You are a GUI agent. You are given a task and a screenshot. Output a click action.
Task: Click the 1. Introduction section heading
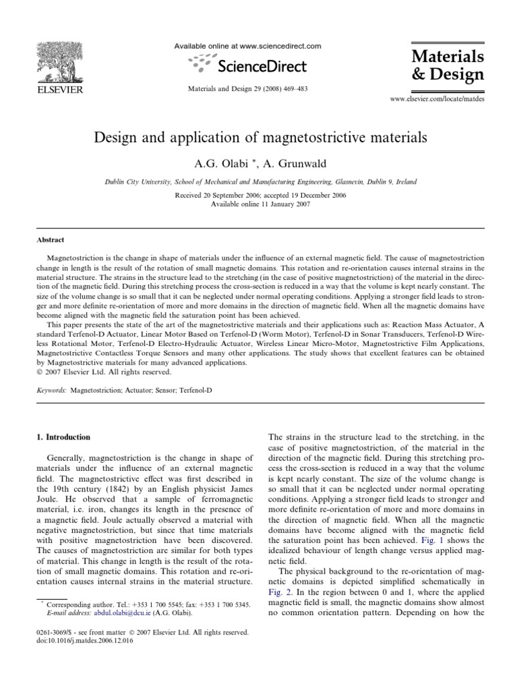click(61, 437)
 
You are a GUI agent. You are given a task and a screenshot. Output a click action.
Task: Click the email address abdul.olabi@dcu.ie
click(100, 612)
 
